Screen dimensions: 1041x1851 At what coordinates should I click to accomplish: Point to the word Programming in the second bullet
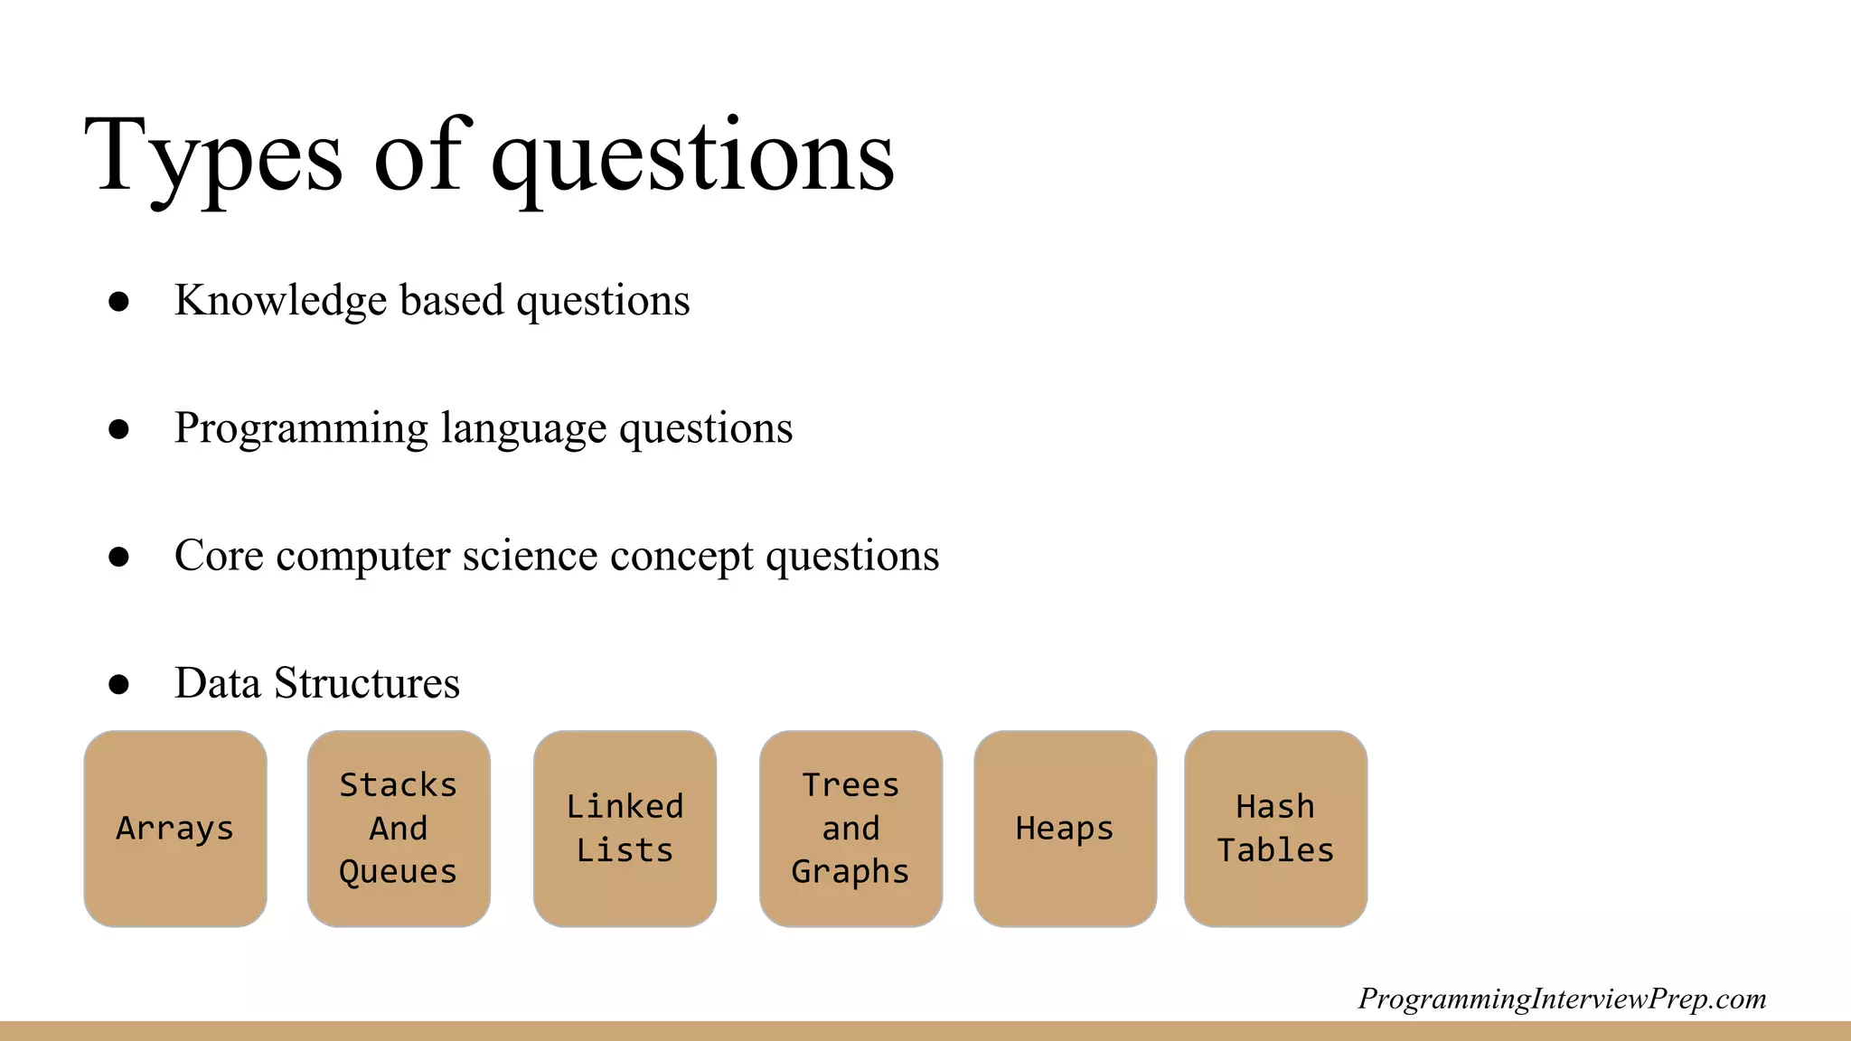(301, 428)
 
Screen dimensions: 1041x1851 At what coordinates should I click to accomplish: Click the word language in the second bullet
(523, 428)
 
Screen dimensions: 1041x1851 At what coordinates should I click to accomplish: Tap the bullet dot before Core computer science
(118, 556)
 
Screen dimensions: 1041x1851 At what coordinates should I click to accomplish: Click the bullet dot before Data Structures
(118, 684)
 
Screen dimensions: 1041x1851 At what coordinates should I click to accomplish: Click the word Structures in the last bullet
(367, 683)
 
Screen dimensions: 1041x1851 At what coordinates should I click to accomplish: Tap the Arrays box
(175, 829)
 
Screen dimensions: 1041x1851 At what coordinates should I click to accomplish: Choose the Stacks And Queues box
(399, 829)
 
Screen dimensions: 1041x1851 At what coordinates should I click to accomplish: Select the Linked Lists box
(625, 829)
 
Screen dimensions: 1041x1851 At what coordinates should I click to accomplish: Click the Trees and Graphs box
(850, 829)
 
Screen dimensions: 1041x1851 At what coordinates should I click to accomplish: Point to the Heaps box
(1065, 829)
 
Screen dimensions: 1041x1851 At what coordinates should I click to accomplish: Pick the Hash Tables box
(1275, 829)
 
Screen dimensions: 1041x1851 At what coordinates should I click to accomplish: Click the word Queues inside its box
(399, 872)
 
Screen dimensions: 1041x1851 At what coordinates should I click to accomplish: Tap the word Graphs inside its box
(850, 872)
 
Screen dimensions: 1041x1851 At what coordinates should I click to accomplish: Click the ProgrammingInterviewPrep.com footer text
(1562, 999)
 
